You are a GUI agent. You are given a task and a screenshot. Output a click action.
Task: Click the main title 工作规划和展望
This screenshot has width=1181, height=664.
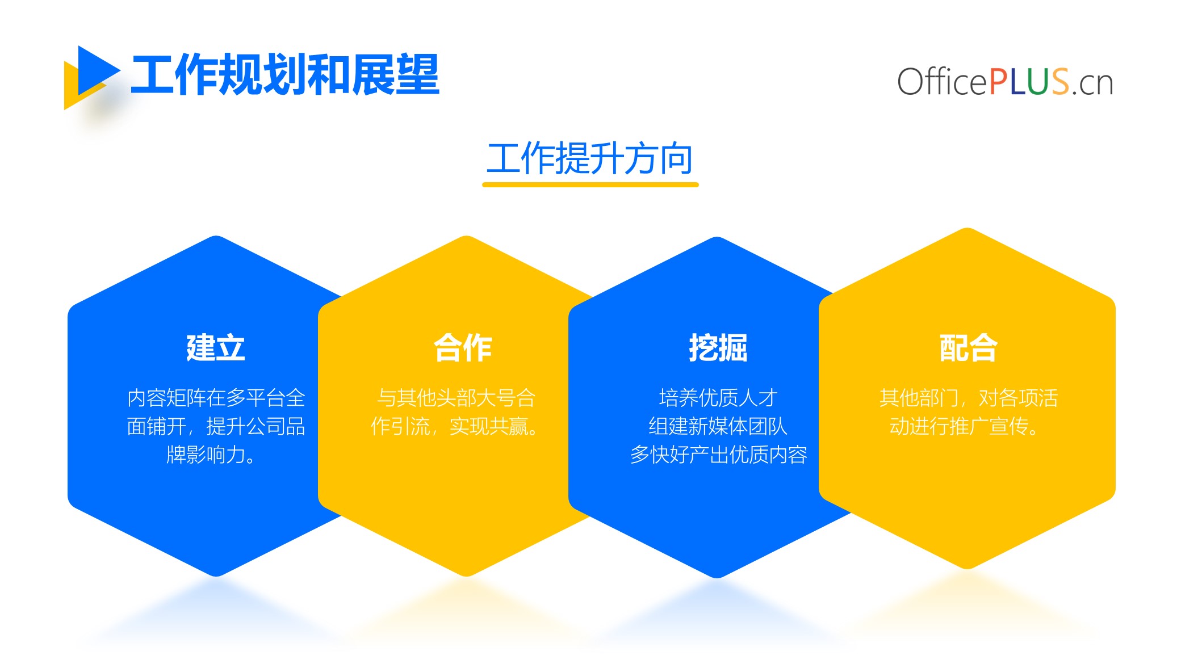pos(285,74)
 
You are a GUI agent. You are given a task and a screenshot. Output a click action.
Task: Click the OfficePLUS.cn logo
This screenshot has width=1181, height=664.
pos(1005,82)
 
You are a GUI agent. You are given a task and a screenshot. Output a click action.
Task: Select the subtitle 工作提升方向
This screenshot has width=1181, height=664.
pos(590,158)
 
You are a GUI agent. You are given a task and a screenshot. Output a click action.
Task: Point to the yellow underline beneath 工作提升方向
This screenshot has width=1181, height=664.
pos(590,184)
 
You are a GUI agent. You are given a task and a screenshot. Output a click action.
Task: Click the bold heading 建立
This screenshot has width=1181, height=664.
pos(216,347)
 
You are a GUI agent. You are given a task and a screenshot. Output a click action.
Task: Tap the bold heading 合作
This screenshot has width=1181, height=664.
pos(463,347)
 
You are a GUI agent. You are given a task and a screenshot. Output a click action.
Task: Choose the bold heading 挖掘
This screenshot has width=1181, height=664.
pos(718,347)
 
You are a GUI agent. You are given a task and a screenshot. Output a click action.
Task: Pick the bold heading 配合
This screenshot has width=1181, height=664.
pos(969,347)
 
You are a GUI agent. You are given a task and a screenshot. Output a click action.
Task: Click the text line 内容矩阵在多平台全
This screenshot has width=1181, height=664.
pos(216,398)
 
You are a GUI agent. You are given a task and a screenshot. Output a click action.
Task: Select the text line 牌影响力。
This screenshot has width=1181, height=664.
pos(211,455)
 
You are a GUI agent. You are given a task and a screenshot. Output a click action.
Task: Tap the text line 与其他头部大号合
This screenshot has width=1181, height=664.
pos(457,398)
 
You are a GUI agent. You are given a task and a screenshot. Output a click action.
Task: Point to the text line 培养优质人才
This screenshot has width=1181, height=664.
pos(718,398)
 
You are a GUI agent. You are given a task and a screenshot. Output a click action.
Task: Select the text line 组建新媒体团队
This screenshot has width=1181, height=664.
pos(718,426)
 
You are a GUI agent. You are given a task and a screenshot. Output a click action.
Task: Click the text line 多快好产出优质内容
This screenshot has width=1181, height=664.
pos(718,455)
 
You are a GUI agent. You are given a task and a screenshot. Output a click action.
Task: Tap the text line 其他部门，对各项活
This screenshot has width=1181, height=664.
pos(969,398)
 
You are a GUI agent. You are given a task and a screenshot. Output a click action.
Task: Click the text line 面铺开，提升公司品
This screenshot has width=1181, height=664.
pos(216,426)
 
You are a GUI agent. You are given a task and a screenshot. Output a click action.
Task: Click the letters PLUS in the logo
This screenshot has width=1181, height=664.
pos(1029,82)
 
